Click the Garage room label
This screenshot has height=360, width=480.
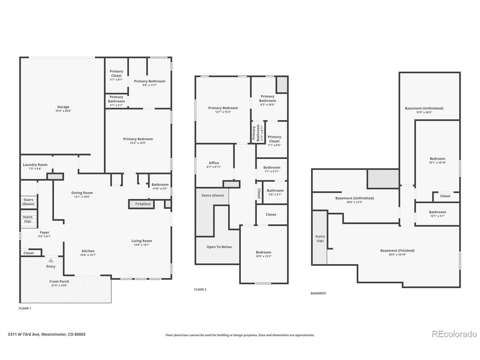tap(63, 106)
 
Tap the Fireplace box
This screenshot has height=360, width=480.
tap(141, 204)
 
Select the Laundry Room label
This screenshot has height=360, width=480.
tap(35, 165)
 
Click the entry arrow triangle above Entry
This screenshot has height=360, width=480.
tap(51, 260)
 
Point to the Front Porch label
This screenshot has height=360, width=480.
tap(59, 281)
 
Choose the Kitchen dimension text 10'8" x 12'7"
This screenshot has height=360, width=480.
tap(88, 255)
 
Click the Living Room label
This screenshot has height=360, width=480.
tap(141, 241)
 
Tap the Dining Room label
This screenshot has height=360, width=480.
tap(82, 193)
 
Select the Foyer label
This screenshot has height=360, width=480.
tap(44, 232)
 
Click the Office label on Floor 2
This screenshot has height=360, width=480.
tap(214, 163)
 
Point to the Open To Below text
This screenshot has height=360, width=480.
tap(219, 247)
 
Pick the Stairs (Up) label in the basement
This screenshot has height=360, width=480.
tap(320, 238)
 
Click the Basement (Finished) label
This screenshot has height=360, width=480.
tap(397, 250)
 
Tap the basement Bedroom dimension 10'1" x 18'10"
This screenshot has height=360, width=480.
tap(437, 163)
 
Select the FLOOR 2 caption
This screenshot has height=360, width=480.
tap(200, 289)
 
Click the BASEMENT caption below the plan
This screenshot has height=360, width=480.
tap(318, 293)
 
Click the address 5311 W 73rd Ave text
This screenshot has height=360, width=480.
tap(24, 334)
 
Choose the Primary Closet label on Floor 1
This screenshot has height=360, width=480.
tap(116, 73)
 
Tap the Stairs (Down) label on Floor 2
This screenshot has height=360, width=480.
tap(213, 195)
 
